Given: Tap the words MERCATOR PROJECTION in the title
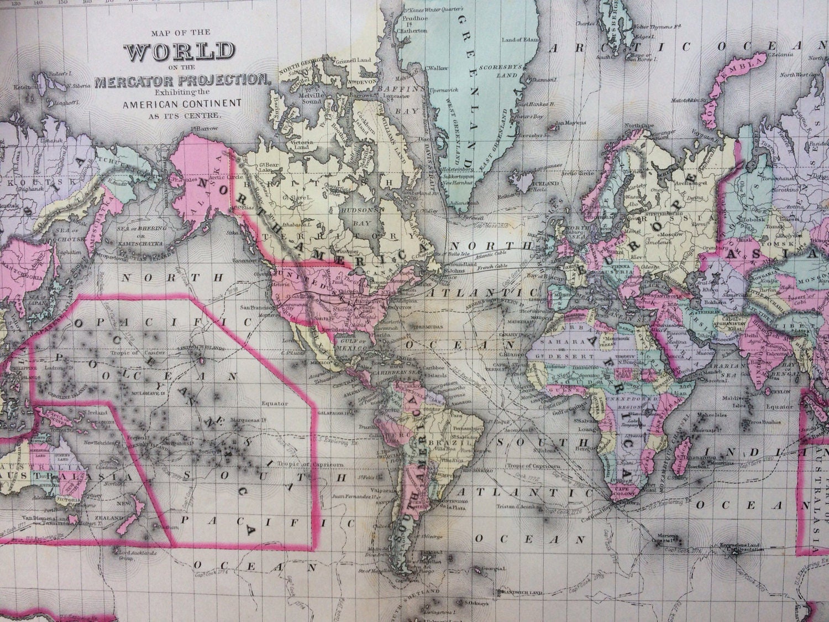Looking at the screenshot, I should coord(180,81).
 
